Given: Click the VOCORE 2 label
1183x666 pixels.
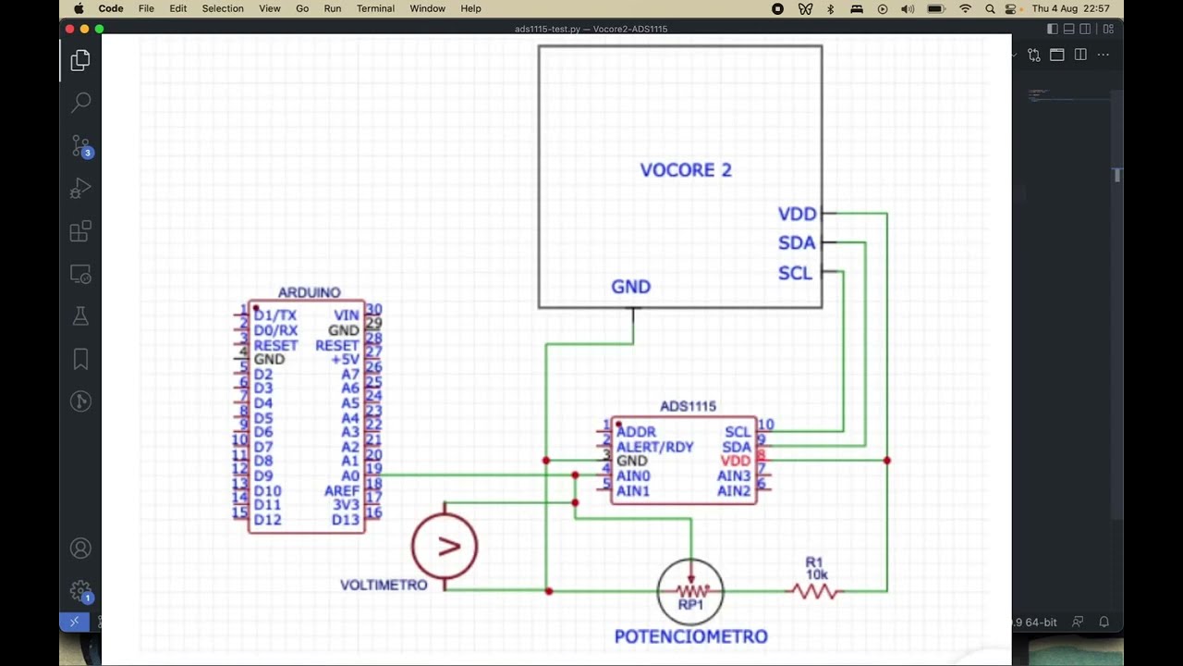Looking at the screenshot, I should point(685,170).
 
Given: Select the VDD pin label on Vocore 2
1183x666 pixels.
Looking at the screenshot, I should point(797,214).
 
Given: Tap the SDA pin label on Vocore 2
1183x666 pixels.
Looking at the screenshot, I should point(797,243).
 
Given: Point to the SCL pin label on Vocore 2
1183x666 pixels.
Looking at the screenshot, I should point(795,273).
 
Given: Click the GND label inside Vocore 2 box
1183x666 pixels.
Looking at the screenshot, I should point(630,287).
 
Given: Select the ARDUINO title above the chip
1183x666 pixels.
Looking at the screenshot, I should point(309,292).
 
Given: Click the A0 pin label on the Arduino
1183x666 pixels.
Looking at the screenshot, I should point(349,475).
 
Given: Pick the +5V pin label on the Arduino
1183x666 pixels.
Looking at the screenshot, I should point(345,359).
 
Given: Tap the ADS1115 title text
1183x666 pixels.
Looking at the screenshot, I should point(688,406).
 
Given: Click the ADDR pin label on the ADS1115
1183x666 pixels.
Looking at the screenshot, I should point(636,432).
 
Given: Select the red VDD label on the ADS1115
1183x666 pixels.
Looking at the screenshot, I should point(736,461).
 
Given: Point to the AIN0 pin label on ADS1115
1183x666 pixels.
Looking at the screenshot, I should point(633,475).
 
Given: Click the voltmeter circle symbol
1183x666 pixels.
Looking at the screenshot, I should point(445,546).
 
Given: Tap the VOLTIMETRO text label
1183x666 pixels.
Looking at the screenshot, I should point(384,585).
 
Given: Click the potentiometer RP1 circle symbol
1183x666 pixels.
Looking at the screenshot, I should point(690,591).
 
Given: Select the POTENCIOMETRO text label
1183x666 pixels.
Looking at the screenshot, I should point(690,636).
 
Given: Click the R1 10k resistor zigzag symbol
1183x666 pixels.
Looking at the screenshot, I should point(816,591).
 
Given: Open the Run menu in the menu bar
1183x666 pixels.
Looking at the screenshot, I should point(332,8).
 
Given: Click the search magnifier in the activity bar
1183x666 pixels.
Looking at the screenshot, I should point(80,102).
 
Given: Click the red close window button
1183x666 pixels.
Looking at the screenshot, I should point(69,29).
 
